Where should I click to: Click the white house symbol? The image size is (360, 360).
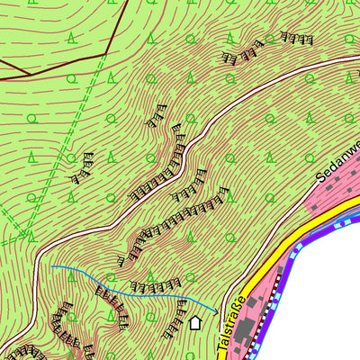click(195, 322)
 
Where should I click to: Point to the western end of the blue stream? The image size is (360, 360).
click(51, 267)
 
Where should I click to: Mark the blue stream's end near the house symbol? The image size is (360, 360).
click(216, 310)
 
